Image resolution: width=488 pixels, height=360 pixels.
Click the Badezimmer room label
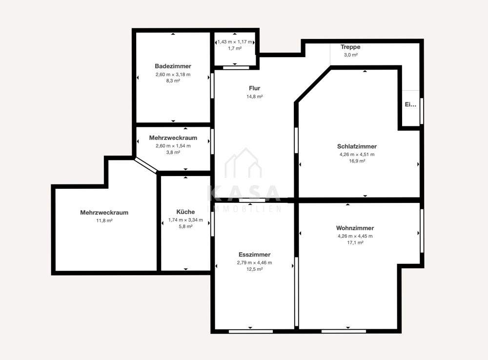(173, 66)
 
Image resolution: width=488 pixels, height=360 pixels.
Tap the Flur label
(255, 88)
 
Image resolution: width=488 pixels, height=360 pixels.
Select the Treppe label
(350, 47)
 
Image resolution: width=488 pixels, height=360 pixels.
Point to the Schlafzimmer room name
(357, 146)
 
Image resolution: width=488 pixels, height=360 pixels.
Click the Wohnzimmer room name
(355, 228)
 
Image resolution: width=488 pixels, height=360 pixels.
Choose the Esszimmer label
(255, 255)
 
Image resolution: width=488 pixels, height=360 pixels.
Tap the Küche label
(185, 212)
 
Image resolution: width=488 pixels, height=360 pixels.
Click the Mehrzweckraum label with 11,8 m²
(104, 213)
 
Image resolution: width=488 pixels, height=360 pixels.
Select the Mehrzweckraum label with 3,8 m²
(173, 138)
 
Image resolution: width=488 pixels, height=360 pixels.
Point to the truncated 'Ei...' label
(410, 104)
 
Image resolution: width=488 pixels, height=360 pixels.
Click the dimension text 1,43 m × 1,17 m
(235, 41)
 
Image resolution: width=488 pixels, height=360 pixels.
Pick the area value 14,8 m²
(255, 97)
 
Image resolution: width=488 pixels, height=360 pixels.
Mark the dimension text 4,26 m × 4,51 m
(357, 154)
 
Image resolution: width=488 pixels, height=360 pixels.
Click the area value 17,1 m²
(355, 242)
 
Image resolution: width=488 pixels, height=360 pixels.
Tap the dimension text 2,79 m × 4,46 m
(255, 262)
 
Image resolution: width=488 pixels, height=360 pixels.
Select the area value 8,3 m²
(173, 80)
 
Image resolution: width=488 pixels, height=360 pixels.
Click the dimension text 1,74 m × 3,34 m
(185, 220)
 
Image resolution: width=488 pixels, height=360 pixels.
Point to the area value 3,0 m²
(350, 55)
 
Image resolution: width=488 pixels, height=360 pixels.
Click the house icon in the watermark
(244, 163)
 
